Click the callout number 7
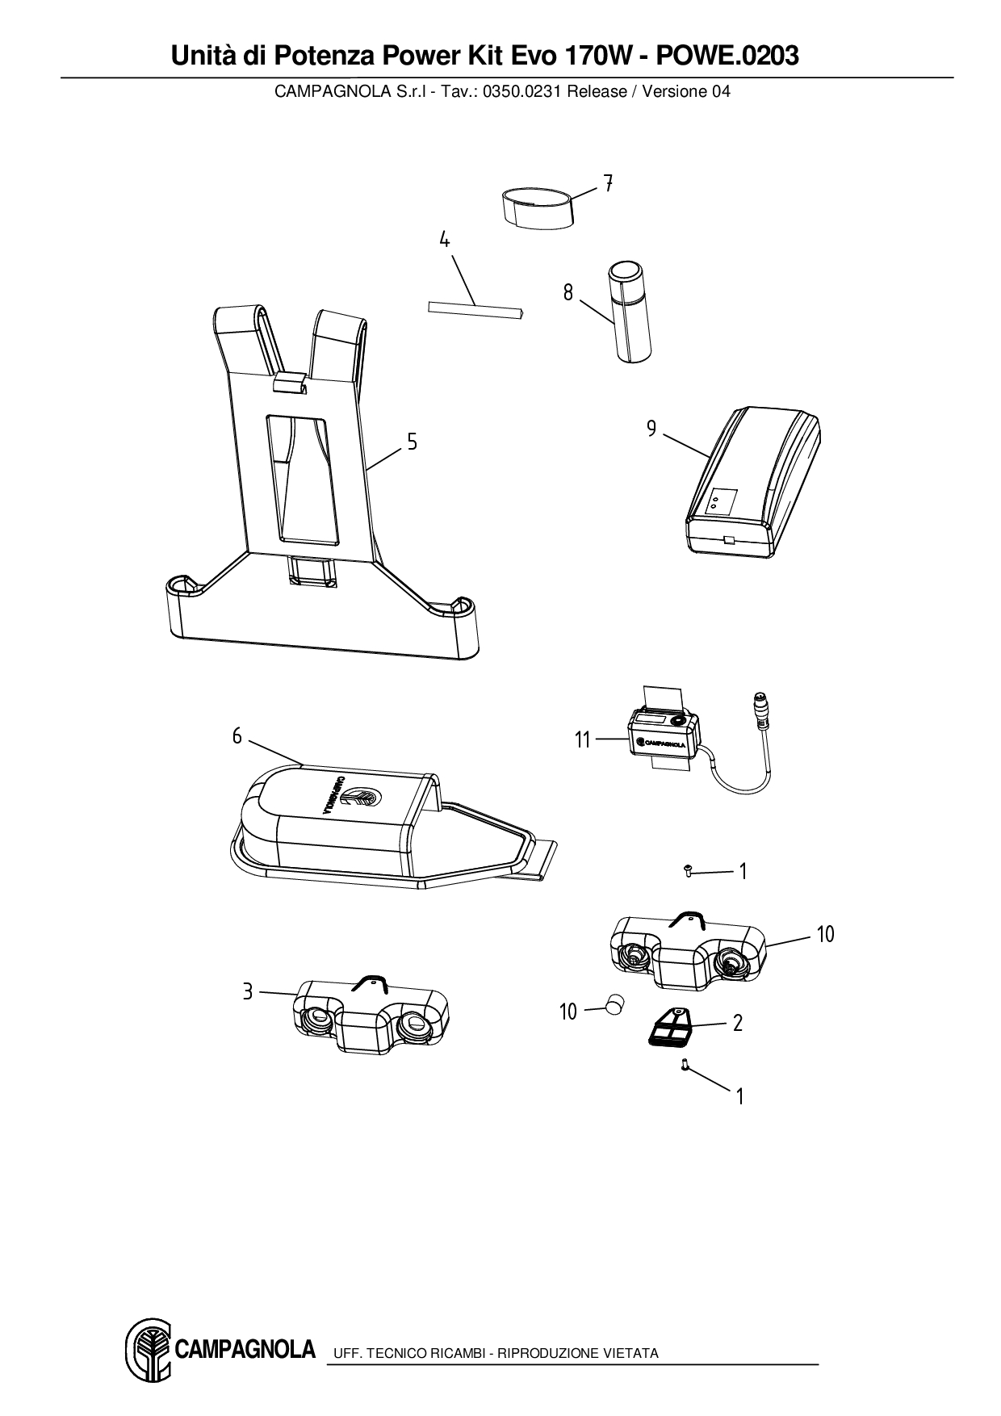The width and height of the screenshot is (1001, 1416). (x=608, y=183)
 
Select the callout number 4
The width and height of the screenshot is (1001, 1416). (x=444, y=240)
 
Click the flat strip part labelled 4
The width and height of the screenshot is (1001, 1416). (x=475, y=310)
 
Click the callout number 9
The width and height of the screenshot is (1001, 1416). (x=651, y=429)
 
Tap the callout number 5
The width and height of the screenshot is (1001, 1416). (x=412, y=442)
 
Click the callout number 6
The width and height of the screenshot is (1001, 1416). (x=237, y=735)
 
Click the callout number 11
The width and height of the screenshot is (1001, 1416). (x=583, y=739)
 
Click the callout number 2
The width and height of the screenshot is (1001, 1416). (x=737, y=1023)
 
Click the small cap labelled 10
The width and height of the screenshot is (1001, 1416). (x=616, y=1006)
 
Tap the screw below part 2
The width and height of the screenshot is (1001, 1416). (x=685, y=1066)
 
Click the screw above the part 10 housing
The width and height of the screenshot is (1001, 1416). (x=689, y=870)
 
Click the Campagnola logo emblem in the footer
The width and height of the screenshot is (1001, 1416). (x=147, y=1350)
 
